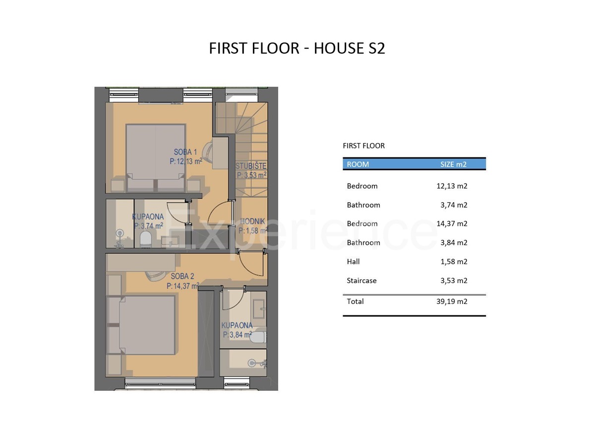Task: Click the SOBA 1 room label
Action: pos(185,152)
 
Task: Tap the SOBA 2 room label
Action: pos(182,276)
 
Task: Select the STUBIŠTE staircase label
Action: pos(251,166)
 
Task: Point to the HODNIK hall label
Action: pos(252,222)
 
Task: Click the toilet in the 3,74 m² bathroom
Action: pos(145,239)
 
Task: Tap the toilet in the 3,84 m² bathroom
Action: pos(257,337)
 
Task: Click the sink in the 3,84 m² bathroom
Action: pos(259,308)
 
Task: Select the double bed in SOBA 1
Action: pos(156,158)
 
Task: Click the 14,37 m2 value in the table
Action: pos(452,223)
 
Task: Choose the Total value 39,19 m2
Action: pos(452,301)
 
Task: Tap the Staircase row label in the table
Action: pos(361,281)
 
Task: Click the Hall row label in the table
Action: pos(353,262)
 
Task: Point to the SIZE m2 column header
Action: pos(453,164)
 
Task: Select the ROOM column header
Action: pos(358,164)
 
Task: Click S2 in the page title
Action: pos(376,48)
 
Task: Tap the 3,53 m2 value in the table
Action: pos(454,281)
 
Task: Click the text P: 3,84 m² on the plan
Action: pos(237,335)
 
